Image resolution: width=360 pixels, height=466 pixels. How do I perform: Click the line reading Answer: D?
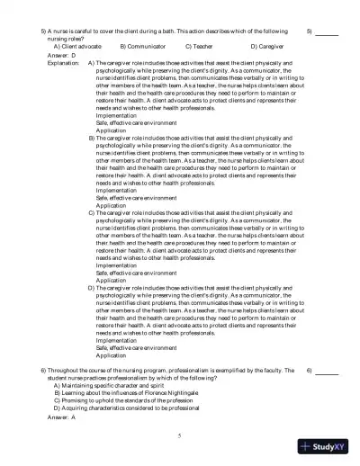tap(58, 53)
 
